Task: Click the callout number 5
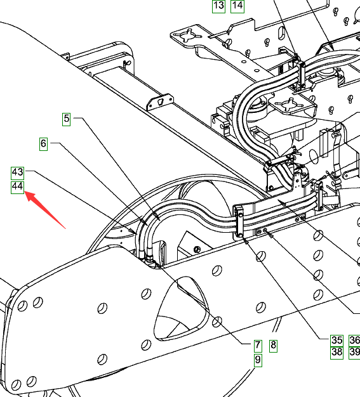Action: coord(66,119)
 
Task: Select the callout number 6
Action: coord(43,144)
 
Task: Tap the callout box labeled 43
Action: coord(18,173)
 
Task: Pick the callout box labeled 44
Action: coord(18,187)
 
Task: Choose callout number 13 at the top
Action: coord(218,6)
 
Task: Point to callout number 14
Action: coord(237,6)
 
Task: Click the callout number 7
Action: coord(258,346)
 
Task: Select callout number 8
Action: coord(273,346)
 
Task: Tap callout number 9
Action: coord(258,360)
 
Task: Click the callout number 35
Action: coord(337,341)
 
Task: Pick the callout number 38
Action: coord(337,353)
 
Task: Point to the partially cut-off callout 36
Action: coord(355,341)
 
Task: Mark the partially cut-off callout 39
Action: coord(355,353)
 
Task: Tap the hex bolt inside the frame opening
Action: coord(197,249)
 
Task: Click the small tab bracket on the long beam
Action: coord(160,101)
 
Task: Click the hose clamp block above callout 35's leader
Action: coord(239,221)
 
